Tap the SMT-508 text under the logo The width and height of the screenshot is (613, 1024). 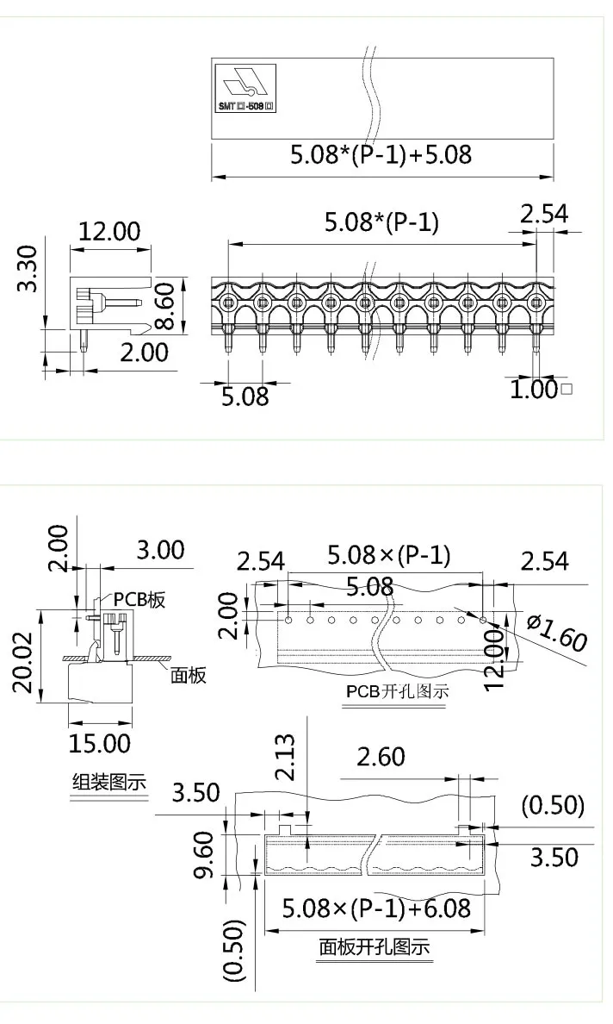(246, 107)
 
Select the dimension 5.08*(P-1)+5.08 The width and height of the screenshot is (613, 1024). (381, 155)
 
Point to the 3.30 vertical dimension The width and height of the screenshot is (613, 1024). (29, 269)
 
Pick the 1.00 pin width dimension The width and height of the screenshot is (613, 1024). (534, 390)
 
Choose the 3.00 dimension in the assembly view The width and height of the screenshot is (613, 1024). (160, 550)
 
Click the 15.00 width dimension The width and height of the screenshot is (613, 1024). (100, 742)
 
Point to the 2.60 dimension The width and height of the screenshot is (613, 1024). (381, 758)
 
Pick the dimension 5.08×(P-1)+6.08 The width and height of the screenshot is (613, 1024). (376, 908)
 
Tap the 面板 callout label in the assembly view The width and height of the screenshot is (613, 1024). (189, 676)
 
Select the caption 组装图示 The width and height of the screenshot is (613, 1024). (108, 783)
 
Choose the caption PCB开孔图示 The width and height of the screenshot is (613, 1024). (397, 691)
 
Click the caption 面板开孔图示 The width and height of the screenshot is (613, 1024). (374, 947)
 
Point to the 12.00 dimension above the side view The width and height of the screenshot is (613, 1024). (109, 231)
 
